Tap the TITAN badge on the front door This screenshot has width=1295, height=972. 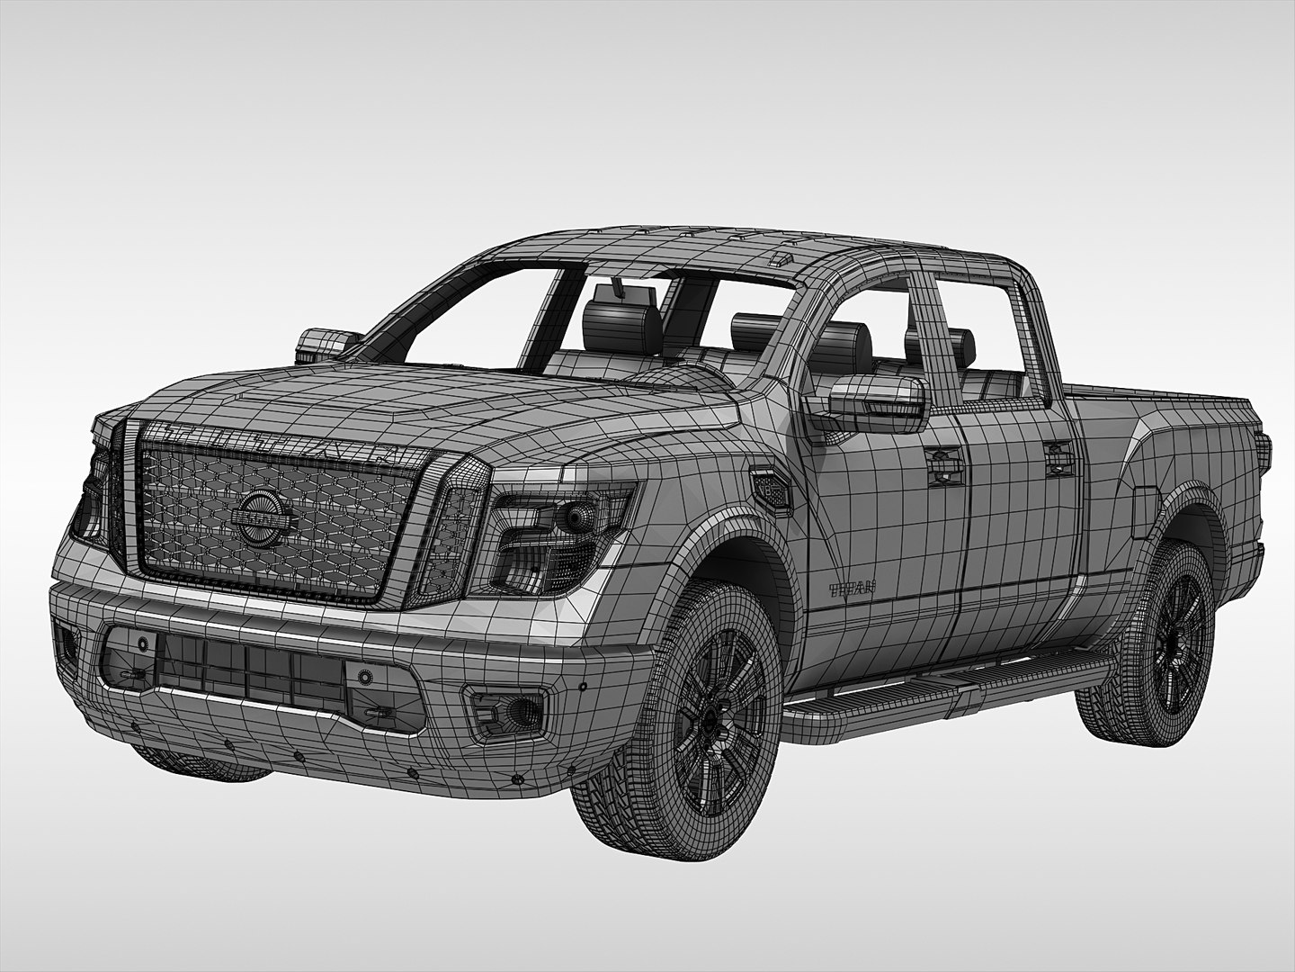coord(851,590)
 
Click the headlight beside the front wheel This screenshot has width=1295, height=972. coord(540,540)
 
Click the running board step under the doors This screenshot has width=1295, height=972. coord(944,693)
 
